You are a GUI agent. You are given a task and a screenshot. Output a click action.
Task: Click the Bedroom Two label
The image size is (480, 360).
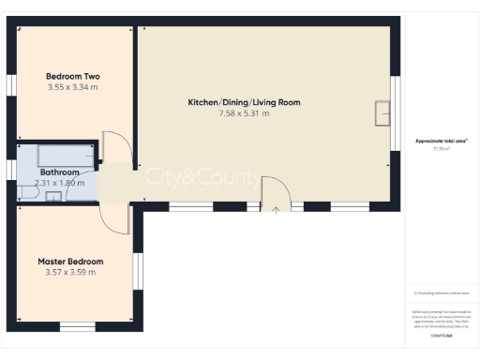73,76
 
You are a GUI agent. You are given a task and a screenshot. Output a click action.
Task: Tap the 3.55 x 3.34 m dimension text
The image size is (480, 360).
73,87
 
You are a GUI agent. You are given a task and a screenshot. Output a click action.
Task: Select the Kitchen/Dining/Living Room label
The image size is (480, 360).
244,101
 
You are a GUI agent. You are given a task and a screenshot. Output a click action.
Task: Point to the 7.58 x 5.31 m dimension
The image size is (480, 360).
244,112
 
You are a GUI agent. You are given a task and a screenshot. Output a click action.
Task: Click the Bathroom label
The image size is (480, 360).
59,172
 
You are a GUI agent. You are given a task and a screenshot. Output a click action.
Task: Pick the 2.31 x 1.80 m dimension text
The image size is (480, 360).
66,183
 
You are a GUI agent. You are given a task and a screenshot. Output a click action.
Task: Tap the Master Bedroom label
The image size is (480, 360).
70,261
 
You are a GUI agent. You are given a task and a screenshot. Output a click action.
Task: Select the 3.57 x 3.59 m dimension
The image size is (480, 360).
70,273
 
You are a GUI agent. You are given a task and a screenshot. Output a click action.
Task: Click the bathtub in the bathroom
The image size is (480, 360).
67,155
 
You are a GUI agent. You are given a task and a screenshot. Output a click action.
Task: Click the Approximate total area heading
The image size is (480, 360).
442,141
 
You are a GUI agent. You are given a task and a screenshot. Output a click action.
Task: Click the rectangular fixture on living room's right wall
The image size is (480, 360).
382,112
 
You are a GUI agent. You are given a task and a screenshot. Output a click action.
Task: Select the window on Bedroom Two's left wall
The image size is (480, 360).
13,84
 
